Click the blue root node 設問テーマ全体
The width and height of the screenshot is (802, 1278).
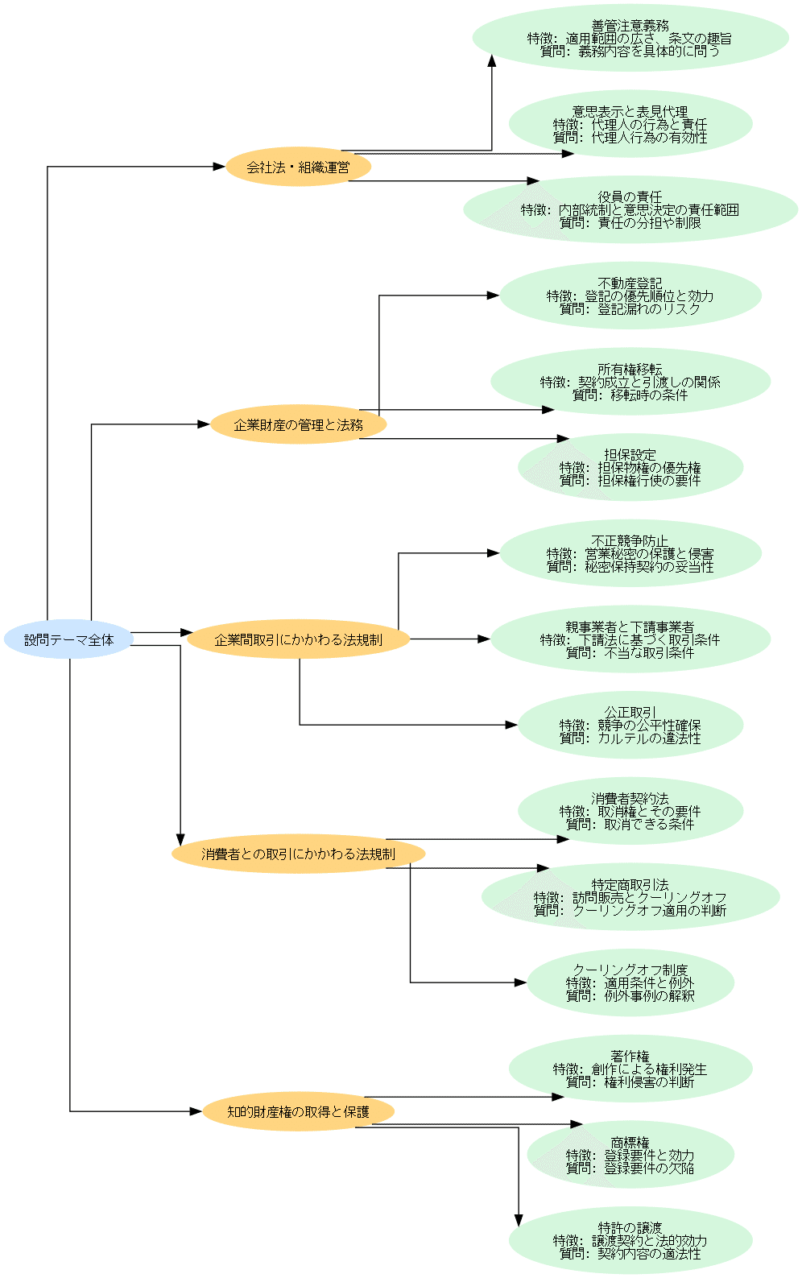click(x=68, y=639)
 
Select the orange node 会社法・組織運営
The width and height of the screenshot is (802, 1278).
click(x=298, y=167)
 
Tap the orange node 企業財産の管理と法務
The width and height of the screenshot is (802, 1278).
click(x=298, y=424)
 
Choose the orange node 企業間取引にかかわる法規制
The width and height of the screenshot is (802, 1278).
click(x=298, y=639)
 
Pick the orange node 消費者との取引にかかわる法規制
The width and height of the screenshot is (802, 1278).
click(x=298, y=854)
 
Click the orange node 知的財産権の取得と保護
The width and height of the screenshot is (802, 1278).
click(x=298, y=1111)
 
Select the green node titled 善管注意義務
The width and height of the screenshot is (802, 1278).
click(x=630, y=38)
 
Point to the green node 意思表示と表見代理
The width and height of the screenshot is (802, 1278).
click(x=630, y=124)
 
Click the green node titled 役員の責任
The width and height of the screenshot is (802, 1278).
click(x=630, y=209)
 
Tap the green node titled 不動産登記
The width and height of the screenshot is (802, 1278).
click(x=630, y=296)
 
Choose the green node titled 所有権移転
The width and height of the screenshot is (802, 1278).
click(x=630, y=382)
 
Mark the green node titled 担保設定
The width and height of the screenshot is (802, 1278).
click(x=630, y=467)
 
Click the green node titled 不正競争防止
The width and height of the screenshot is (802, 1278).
click(x=630, y=553)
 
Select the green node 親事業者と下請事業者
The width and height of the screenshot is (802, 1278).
click(x=630, y=639)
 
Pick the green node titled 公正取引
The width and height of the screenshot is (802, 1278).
click(x=630, y=725)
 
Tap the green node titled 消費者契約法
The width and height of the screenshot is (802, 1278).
click(x=630, y=811)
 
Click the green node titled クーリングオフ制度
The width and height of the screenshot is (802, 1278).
click(x=630, y=982)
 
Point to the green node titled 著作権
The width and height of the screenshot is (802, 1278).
click(x=630, y=1069)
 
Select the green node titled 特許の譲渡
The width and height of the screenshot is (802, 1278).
click(x=630, y=1240)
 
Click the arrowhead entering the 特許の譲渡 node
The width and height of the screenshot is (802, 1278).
click(x=519, y=1220)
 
